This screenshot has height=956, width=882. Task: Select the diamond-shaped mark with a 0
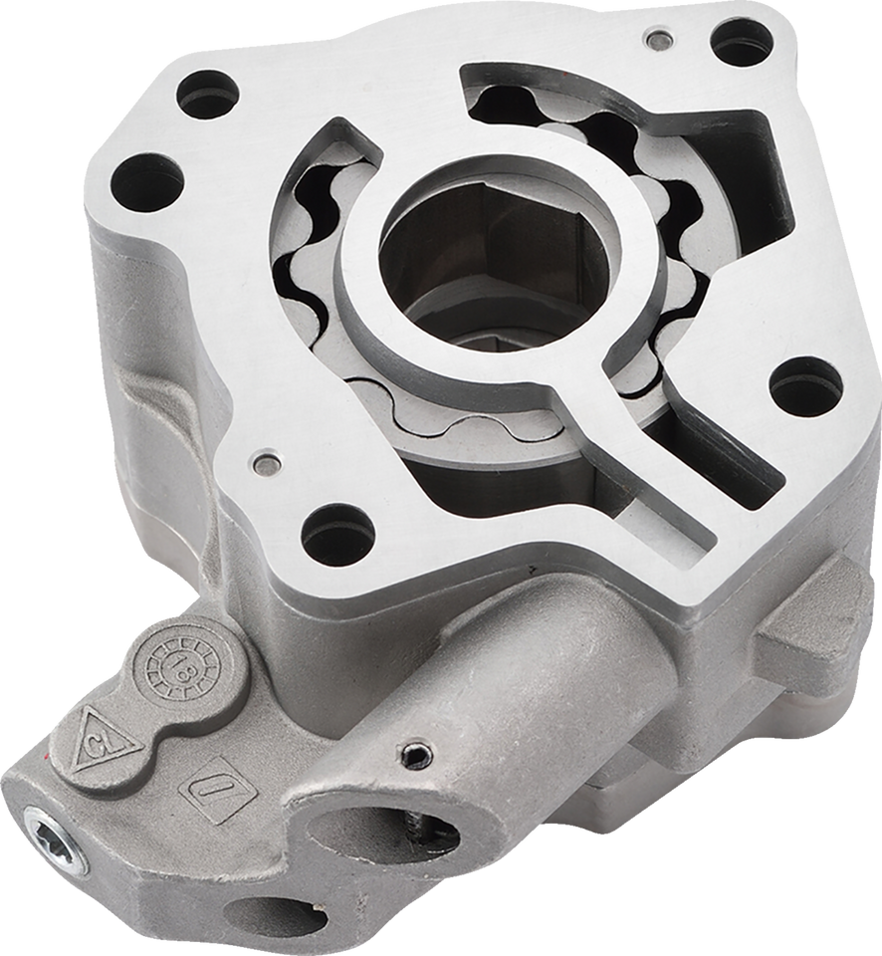[213, 782]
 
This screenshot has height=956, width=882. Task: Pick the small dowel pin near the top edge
[655, 41]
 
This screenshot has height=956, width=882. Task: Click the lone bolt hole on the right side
[806, 386]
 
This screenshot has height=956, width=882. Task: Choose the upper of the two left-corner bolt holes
[209, 97]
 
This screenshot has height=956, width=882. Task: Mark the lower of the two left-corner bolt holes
[146, 183]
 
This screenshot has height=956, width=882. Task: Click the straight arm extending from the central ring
[657, 469]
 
